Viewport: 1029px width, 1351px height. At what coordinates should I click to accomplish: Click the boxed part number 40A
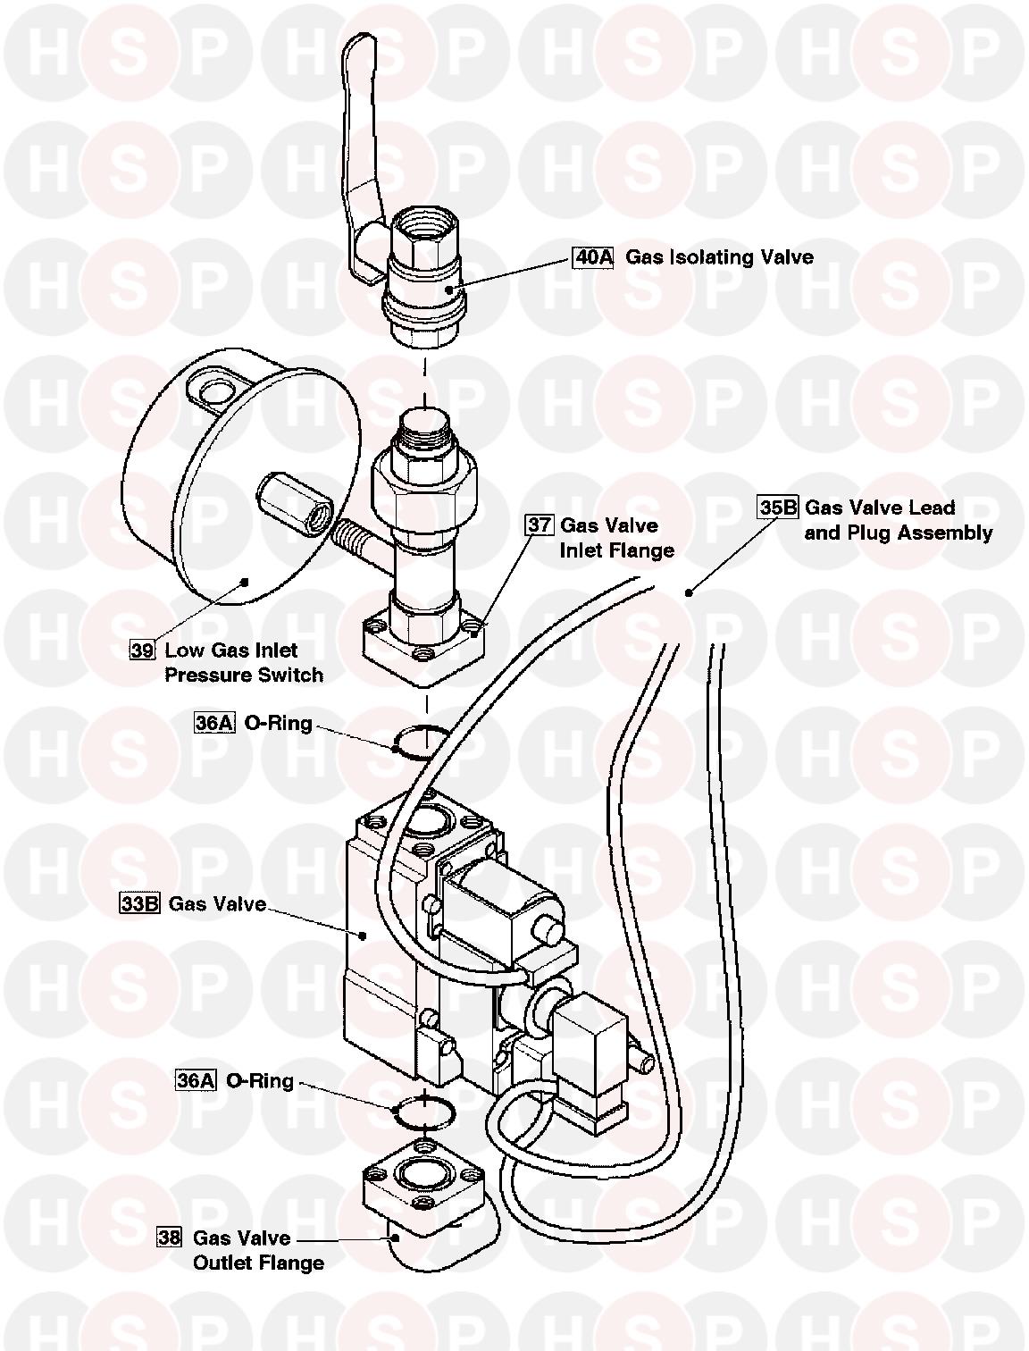(x=593, y=258)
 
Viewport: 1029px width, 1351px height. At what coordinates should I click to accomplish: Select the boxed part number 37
(x=539, y=524)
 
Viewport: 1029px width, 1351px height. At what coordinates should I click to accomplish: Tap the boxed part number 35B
(x=778, y=508)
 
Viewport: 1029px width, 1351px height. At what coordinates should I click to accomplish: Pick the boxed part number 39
(x=143, y=650)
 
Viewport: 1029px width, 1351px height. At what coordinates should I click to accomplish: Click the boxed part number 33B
(x=139, y=903)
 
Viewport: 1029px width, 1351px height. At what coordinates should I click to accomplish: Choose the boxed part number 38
(x=169, y=1238)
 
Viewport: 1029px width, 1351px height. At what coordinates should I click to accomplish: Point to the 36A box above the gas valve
(x=214, y=723)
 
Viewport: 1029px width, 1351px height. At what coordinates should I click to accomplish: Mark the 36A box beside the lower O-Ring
(x=196, y=1080)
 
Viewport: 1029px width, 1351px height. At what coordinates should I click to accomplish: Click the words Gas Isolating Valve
(x=719, y=257)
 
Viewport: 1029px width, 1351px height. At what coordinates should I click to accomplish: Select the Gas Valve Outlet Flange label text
(x=258, y=1250)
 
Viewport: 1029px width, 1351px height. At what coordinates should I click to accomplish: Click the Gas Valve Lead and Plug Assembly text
(x=898, y=520)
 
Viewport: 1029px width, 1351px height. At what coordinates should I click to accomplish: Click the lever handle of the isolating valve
(x=361, y=134)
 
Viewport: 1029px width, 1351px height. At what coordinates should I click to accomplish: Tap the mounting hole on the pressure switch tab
(x=213, y=391)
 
